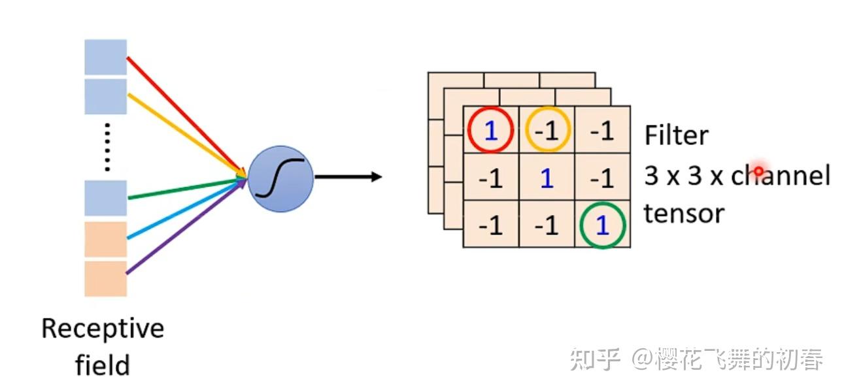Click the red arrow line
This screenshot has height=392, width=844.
(x=183, y=114)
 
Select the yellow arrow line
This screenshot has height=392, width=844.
(x=183, y=133)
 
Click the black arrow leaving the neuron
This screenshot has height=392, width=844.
(x=346, y=176)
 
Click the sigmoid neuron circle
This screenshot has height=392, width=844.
(x=280, y=177)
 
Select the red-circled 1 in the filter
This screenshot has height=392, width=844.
(x=490, y=131)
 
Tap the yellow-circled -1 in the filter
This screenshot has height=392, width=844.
(x=547, y=131)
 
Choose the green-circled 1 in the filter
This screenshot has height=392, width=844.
(x=602, y=225)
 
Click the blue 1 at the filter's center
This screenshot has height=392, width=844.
(x=547, y=178)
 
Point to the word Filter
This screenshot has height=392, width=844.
(x=676, y=136)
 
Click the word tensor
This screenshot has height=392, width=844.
(x=684, y=214)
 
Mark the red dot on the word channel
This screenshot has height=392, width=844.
(x=758, y=172)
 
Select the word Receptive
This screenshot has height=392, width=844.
(x=103, y=328)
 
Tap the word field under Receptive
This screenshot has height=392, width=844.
(x=103, y=365)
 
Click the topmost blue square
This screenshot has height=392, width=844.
(x=105, y=57)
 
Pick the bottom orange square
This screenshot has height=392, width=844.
(x=105, y=279)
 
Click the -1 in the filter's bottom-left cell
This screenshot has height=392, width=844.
(x=490, y=225)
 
